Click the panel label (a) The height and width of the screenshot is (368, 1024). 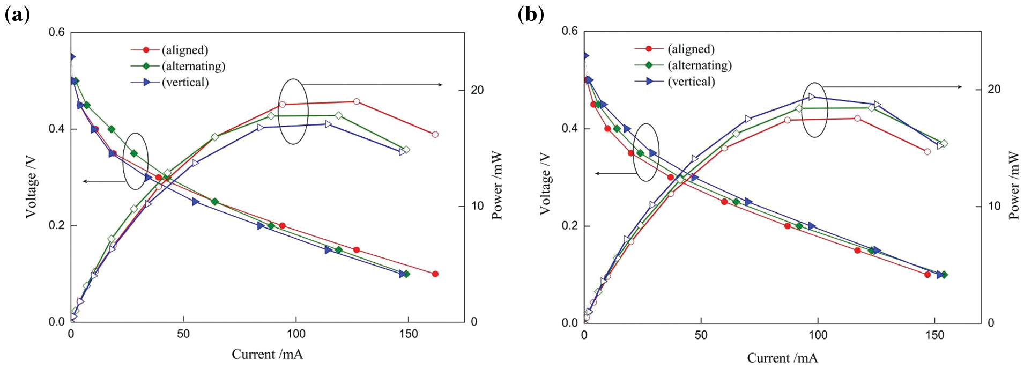pos(17,14)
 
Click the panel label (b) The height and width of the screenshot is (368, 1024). pos(531,14)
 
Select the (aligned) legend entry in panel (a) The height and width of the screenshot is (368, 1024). pos(184,50)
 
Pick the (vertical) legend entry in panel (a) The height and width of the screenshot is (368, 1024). pos(185,82)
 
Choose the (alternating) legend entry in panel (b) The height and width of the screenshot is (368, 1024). pos(699,65)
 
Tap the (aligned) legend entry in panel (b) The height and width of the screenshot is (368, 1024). pos(691,49)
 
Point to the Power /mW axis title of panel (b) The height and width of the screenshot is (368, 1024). pos(1013,185)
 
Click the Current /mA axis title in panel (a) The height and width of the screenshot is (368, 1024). pos(267,354)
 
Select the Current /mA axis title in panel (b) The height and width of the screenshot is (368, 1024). pos(782,358)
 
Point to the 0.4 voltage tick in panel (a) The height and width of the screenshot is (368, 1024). pos(56,129)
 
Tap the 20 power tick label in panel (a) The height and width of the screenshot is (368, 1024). pos(477,90)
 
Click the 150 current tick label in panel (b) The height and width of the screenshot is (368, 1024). pos(934,335)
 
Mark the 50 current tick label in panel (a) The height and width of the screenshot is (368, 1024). pos(183,334)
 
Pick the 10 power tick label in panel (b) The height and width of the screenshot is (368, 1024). pos(994,207)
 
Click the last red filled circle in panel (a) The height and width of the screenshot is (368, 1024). pos(435,274)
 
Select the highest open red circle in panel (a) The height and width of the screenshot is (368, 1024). pos(357,101)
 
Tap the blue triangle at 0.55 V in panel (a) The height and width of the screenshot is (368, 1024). pos(71,56)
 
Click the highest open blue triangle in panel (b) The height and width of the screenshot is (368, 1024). pos(812,97)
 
